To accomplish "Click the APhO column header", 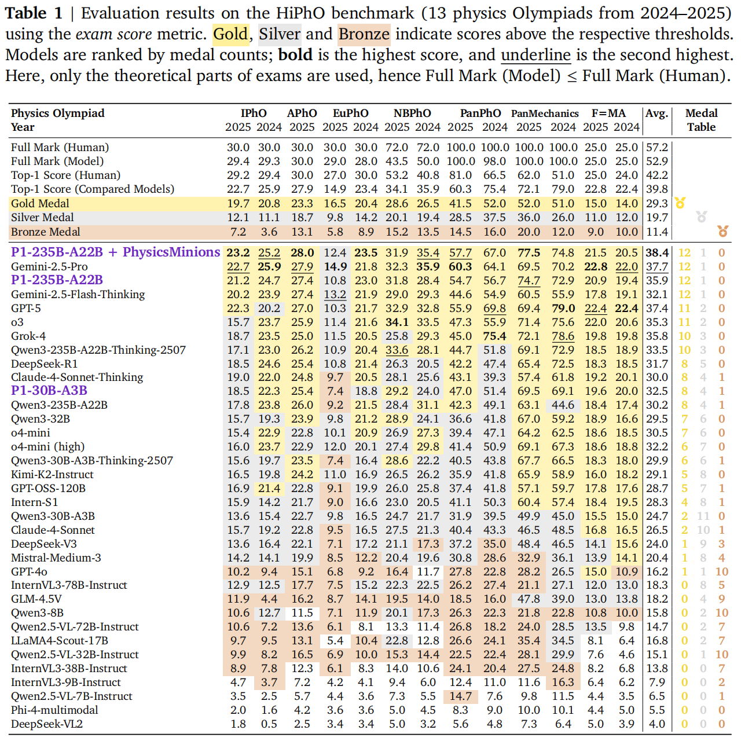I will pyautogui.click(x=302, y=113).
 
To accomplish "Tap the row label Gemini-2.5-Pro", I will pyautogui.click(x=49, y=267).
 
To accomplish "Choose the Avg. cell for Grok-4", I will pyautogui.click(x=657, y=336).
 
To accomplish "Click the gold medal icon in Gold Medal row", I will pyautogui.click(x=680, y=203).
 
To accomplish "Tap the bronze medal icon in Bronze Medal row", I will pyautogui.click(x=722, y=232).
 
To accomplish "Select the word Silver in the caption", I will pyautogui.click(x=280, y=34).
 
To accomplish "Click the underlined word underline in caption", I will pyautogui.click(x=535, y=55).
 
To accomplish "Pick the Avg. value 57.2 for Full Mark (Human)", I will pyautogui.click(x=657, y=148).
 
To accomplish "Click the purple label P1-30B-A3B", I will pyautogui.click(x=49, y=391).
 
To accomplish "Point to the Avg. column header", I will pyautogui.click(x=657, y=113).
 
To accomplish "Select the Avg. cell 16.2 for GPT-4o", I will pyautogui.click(x=657, y=572).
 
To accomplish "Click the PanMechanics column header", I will pyautogui.click(x=545, y=113).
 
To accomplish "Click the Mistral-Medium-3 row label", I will pyautogui.click(x=56, y=558).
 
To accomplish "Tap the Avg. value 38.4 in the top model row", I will pyautogui.click(x=657, y=253).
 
